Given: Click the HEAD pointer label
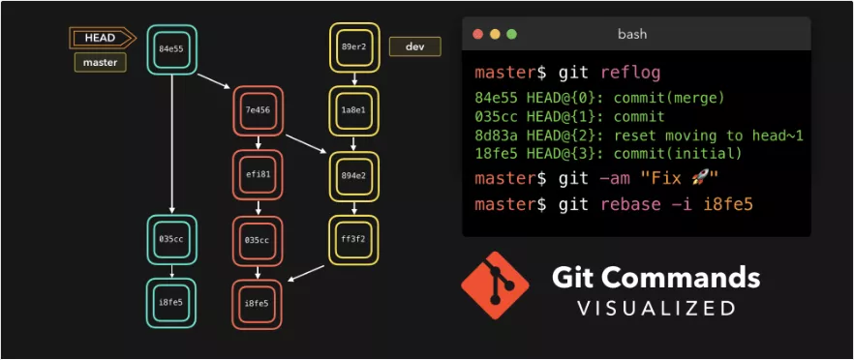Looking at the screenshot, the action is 102,38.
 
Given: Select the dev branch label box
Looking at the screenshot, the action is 415,46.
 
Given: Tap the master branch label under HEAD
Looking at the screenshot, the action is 101,62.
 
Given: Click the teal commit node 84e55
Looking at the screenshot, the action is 171,49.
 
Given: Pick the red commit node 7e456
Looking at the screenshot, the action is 259,110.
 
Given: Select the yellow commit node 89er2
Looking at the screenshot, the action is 354,46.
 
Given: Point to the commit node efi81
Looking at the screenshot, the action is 259,175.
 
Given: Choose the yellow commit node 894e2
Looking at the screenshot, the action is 354,176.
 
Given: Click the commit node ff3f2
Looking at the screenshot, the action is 354,240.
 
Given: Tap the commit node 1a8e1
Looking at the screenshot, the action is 354,110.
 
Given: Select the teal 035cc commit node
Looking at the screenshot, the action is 171,239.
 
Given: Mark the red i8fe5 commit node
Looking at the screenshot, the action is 258,304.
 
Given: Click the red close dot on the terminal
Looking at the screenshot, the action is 478,34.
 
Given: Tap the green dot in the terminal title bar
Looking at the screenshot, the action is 511,34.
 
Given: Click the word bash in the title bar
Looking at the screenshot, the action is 632,34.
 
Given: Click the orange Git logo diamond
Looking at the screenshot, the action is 495,285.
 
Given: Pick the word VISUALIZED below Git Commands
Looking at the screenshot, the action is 656,309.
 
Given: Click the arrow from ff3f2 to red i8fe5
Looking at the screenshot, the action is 306,274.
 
